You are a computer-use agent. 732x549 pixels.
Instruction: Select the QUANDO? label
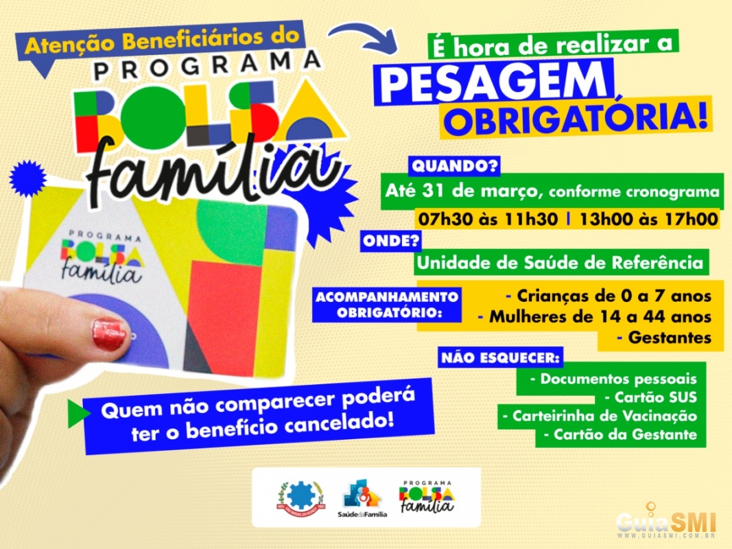tap(454, 165)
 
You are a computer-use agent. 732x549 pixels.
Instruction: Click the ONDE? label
tap(391, 241)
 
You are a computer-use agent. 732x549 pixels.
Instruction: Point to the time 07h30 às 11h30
tap(488, 219)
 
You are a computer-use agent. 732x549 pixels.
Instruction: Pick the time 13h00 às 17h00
tap(649, 219)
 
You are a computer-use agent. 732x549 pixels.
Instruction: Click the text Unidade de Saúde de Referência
tap(560, 262)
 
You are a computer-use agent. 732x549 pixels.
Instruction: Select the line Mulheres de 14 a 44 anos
tap(595, 317)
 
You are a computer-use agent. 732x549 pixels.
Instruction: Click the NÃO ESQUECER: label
tap(500, 358)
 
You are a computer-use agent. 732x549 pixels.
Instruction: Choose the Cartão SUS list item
tap(651, 397)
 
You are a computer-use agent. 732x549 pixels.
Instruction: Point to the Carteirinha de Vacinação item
tap(600, 416)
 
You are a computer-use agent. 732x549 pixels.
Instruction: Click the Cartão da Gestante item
tap(620, 434)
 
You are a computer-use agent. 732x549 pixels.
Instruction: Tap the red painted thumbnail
tap(109, 334)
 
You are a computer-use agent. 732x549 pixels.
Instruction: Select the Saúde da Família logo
tap(362, 498)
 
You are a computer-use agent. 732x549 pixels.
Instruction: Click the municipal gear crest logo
tap(300, 497)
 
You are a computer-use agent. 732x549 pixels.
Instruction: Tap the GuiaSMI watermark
tap(667, 522)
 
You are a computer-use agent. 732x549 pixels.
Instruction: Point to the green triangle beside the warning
tap(78, 413)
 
